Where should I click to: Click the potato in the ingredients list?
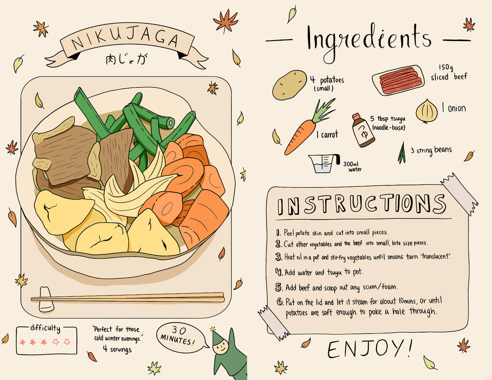(289, 85)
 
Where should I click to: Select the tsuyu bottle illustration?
(363, 130)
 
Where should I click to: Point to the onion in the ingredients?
(427, 111)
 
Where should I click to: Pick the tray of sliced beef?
(398, 80)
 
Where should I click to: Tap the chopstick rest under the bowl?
(46, 299)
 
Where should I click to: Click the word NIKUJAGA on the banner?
(125, 40)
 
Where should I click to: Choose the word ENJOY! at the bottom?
(370, 349)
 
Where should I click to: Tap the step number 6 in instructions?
(280, 302)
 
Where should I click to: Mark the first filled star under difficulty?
(22, 342)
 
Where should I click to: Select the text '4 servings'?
(117, 349)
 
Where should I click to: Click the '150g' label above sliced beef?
(446, 68)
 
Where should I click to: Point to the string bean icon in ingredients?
(402, 153)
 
